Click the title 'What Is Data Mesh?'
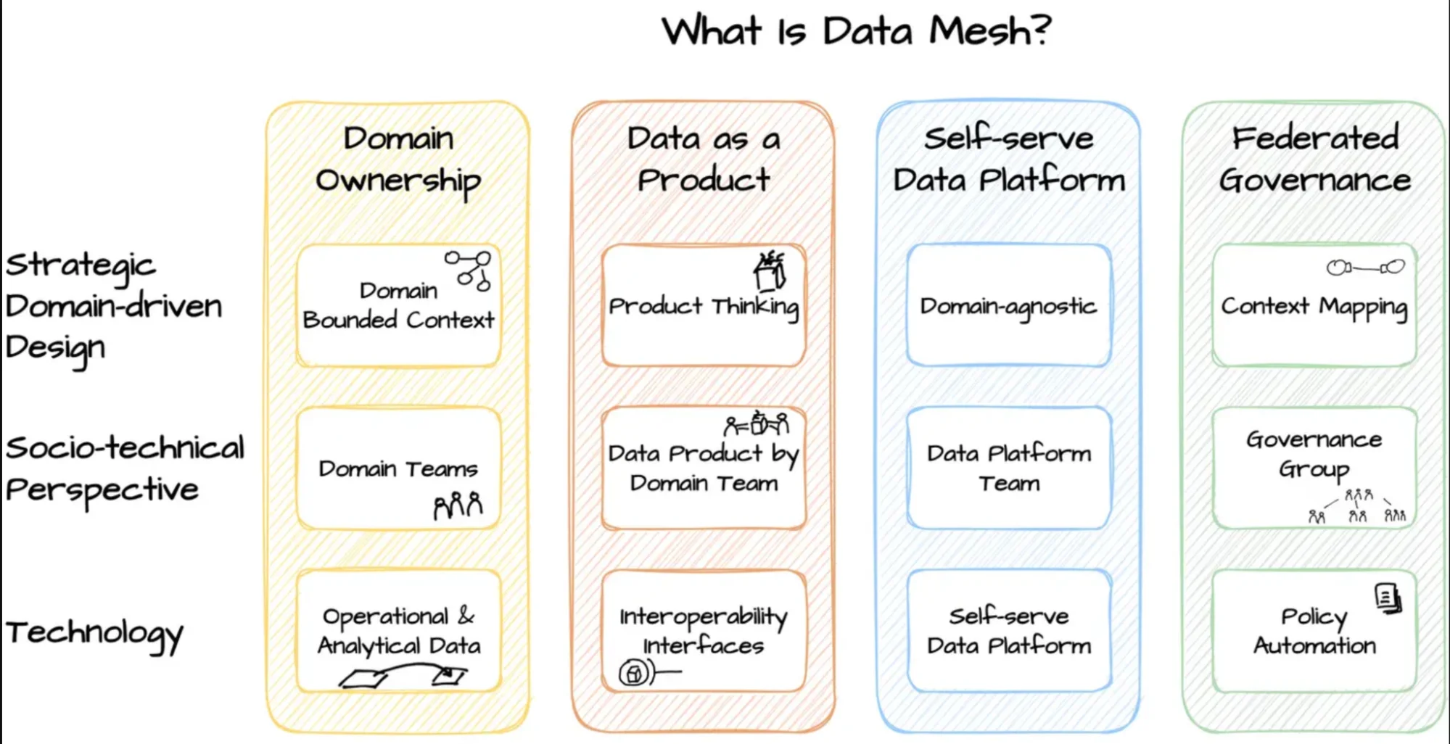pos(856,31)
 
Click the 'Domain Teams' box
pos(398,468)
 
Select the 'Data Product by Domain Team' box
pos(703,468)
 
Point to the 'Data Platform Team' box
pos(1008,468)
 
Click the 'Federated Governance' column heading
pos(1314,159)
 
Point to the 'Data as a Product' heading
pos(703,159)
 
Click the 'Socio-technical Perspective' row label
pos(125,468)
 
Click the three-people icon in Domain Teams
pos(458,505)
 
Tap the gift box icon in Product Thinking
pos(770,270)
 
